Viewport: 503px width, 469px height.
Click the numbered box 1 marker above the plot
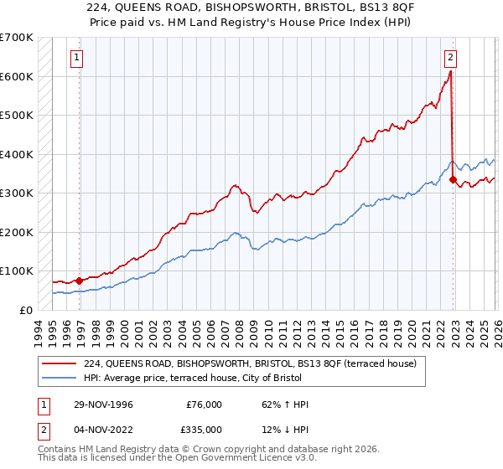pyautogui.click(x=76, y=58)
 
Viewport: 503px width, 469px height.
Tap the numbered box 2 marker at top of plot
pyautogui.click(x=450, y=58)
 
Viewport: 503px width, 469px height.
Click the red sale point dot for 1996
pyautogui.click(x=80, y=281)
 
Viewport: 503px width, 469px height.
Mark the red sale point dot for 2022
pyautogui.click(x=454, y=179)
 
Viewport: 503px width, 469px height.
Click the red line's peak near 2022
pyautogui.click(x=450, y=72)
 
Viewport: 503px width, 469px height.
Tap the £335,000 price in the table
pyautogui.click(x=205, y=430)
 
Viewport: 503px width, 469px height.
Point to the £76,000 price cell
pyautogui.click(x=205, y=405)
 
